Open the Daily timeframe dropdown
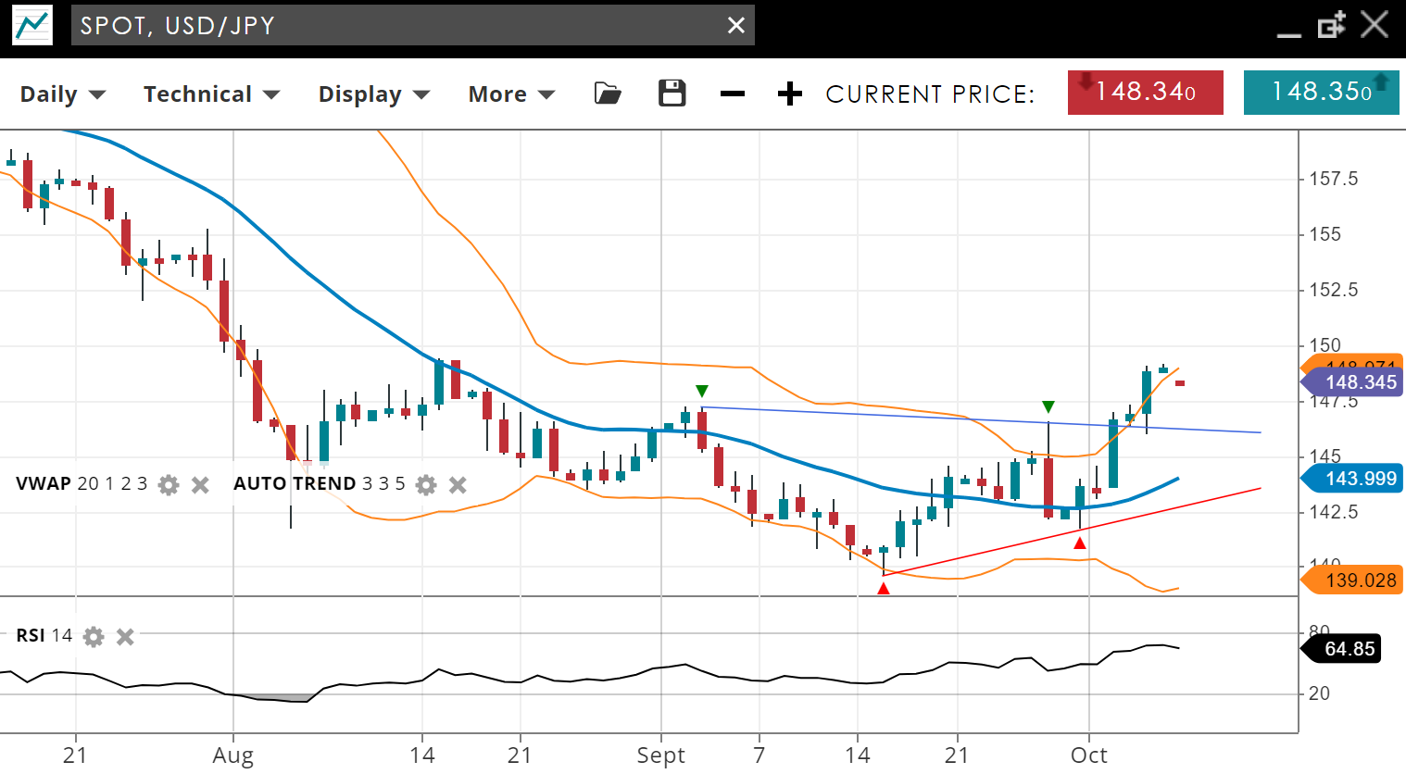pos(62,94)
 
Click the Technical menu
pos(210,94)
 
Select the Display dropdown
pos(373,94)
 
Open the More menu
pos(510,94)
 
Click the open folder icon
pos(608,94)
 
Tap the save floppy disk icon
pos(672,94)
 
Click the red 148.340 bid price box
pos(1145,93)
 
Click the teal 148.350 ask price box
pos(1320,93)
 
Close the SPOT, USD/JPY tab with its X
pos(736,26)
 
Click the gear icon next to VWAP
pos(169,484)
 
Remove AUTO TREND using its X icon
pos(458,484)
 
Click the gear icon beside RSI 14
pos(94,636)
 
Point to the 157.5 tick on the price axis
pos(1333,179)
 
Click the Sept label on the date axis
pos(660,755)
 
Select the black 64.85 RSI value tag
pos(1348,648)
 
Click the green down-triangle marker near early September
pos(702,391)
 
